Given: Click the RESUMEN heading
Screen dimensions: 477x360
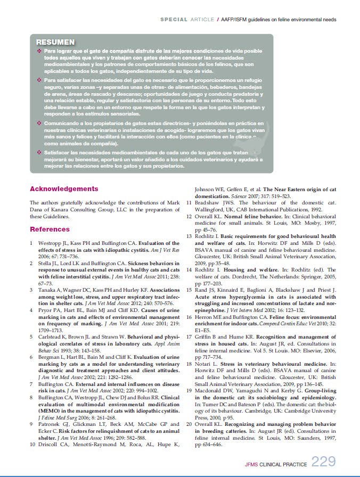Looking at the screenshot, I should pyautogui.click(x=55, y=42).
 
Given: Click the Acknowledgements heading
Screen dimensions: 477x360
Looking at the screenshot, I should pyautogui.click(x=64, y=188).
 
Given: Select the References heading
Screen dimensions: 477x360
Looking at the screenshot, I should pyautogui.click(x=50, y=229).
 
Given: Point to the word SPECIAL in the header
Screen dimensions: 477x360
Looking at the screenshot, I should pyautogui.click(x=173, y=20).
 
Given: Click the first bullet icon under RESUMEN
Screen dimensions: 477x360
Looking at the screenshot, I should pyautogui.click(x=39, y=51).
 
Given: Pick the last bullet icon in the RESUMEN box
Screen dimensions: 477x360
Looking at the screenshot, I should pyautogui.click(x=39, y=152).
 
